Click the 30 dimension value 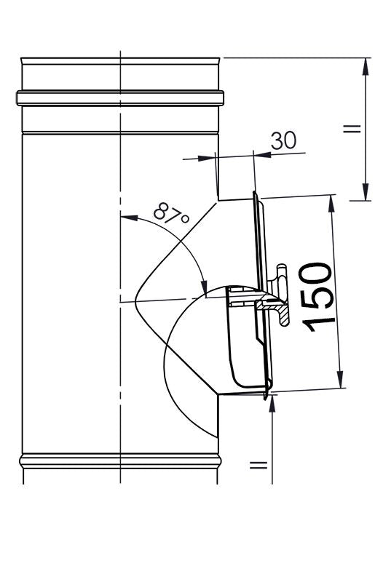[x=283, y=140]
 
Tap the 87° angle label [x=171, y=214]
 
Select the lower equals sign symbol [x=258, y=465]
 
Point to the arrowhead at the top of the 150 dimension [x=331, y=204]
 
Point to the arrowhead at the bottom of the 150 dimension [x=340, y=379]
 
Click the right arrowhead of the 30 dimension [x=262, y=154]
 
